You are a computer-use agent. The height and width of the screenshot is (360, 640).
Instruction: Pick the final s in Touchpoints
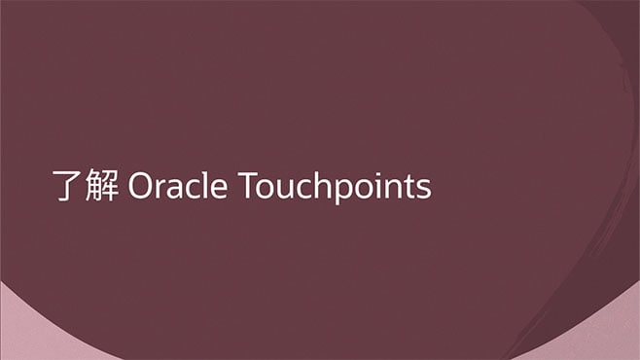click(x=422, y=188)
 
